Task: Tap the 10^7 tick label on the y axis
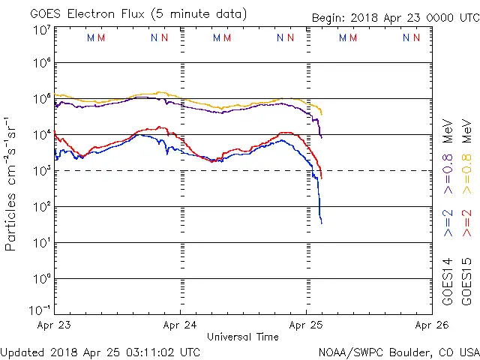click(41, 30)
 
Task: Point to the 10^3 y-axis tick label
click(41, 171)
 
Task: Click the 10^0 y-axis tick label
click(41, 279)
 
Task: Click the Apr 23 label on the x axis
click(54, 325)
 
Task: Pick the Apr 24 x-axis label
click(181, 325)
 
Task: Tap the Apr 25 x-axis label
click(306, 325)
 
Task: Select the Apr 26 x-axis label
click(432, 325)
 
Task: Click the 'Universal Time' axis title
click(243, 337)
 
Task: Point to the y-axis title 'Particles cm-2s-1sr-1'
click(10, 184)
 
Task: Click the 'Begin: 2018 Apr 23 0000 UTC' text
click(394, 17)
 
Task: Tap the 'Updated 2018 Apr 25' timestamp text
click(100, 352)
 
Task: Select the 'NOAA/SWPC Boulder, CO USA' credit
click(398, 352)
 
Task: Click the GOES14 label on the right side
click(448, 281)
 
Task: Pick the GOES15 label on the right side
click(467, 281)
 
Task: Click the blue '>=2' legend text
click(448, 223)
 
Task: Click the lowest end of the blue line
click(322, 223)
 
